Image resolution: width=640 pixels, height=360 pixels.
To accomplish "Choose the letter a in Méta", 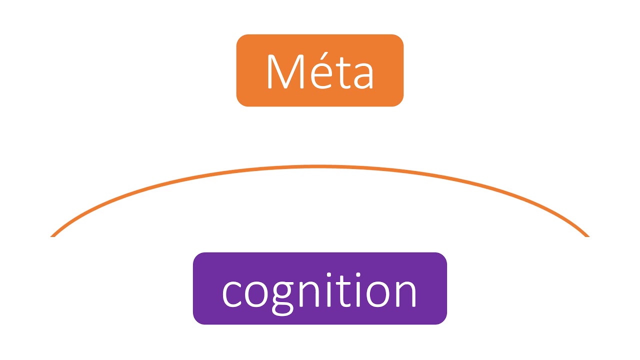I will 361,76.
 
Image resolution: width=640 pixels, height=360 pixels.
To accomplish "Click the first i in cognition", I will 328,292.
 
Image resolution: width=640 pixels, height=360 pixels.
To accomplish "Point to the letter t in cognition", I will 343,291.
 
